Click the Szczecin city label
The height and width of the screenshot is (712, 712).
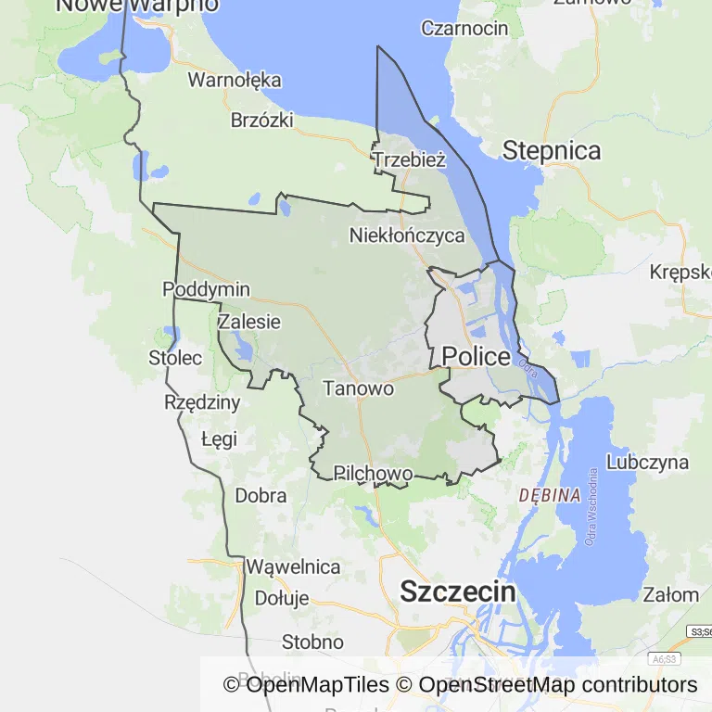pos(457,592)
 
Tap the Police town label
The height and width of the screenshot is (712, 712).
pos(476,357)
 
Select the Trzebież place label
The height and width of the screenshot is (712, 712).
pos(409,159)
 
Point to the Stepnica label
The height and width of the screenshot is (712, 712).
pos(552,150)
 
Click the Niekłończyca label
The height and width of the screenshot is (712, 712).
pos(407,235)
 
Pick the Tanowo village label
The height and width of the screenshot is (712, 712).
pos(359,388)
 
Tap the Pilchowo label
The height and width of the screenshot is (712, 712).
pos(373,474)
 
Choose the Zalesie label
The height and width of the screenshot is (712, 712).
pos(248,322)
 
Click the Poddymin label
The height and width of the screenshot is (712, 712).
pos(206,289)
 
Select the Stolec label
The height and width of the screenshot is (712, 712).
pos(175,357)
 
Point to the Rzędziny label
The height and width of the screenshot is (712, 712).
pos(202,402)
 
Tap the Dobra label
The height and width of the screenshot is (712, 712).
pos(261,495)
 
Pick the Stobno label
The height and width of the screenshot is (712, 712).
pos(312,642)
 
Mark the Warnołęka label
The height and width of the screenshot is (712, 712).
pos(235,80)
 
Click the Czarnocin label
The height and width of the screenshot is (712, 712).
pos(464,28)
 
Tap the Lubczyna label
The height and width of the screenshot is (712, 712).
pos(648,462)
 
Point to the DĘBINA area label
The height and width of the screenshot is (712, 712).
pos(550,495)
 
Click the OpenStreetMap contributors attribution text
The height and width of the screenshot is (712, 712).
pos(558,685)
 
